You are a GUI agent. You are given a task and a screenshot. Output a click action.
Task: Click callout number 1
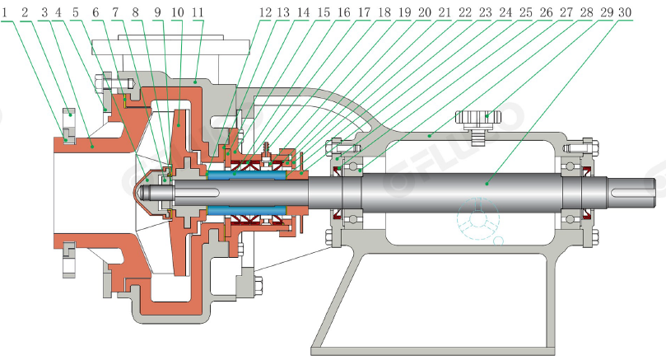(7, 13)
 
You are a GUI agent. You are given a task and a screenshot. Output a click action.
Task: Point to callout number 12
(264, 13)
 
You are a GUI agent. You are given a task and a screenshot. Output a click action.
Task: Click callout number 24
(506, 13)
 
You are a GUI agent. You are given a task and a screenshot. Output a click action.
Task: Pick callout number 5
(75, 13)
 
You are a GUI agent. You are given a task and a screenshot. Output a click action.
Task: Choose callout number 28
(586, 13)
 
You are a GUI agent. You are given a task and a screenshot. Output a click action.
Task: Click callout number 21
(445, 13)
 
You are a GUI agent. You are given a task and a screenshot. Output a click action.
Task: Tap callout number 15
(324, 13)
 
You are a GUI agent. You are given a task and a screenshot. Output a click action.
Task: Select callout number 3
(40, 13)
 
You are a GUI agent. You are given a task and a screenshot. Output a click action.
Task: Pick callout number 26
(546, 13)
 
